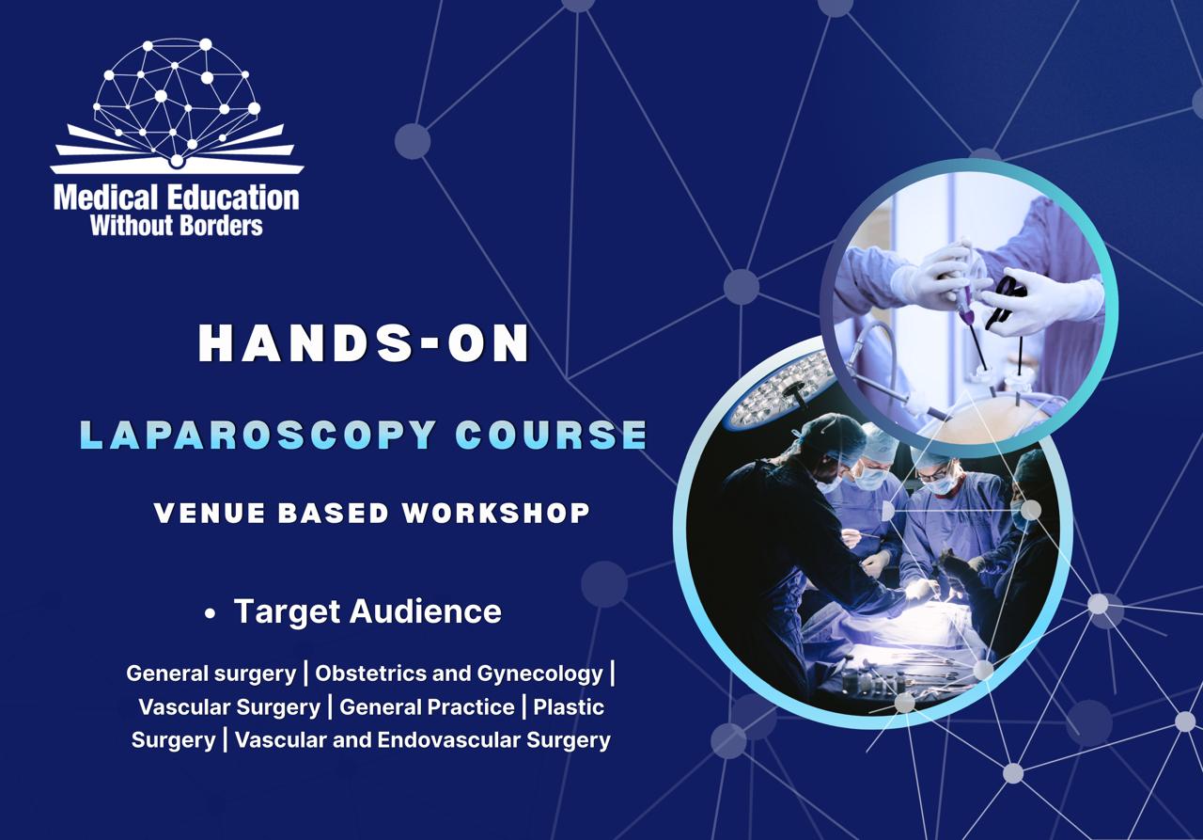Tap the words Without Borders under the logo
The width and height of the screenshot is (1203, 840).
pos(176,225)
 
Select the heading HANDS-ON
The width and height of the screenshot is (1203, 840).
pos(365,345)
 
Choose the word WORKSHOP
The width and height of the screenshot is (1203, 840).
pos(497,514)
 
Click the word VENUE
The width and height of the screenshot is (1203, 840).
pos(201,514)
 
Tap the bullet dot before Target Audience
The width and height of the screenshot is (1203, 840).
pos(211,614)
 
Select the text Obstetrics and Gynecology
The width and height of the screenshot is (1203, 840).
pos(459,674)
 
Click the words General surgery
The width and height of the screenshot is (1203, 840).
pos(211,674)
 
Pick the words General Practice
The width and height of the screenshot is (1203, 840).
pos(427,706)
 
